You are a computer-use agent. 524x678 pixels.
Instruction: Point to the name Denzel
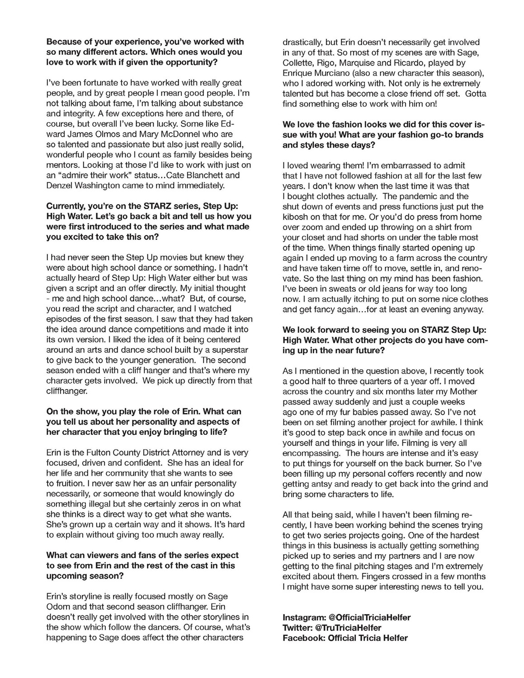60,186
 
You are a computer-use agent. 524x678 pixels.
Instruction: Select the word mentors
62,165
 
